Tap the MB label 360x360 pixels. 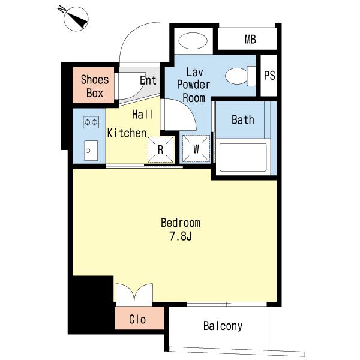[250, 39]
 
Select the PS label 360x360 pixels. [269, 76]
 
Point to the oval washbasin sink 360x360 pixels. [193, 41]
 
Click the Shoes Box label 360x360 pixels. [95, 86]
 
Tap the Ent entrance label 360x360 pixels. [148, 80]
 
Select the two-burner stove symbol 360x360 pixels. [91, 122]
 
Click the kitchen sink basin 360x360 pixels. [91, 151]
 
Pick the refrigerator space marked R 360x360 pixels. [160, 149]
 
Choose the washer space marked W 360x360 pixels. [196, 149]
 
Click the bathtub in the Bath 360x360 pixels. [243, 157]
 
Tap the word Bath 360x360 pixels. [243, 120]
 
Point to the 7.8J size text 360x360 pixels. [181, 236]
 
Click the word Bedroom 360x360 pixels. [181, 223]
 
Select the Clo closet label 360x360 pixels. [137, 319]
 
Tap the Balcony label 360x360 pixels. [223, 326]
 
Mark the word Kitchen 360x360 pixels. [127, 133]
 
